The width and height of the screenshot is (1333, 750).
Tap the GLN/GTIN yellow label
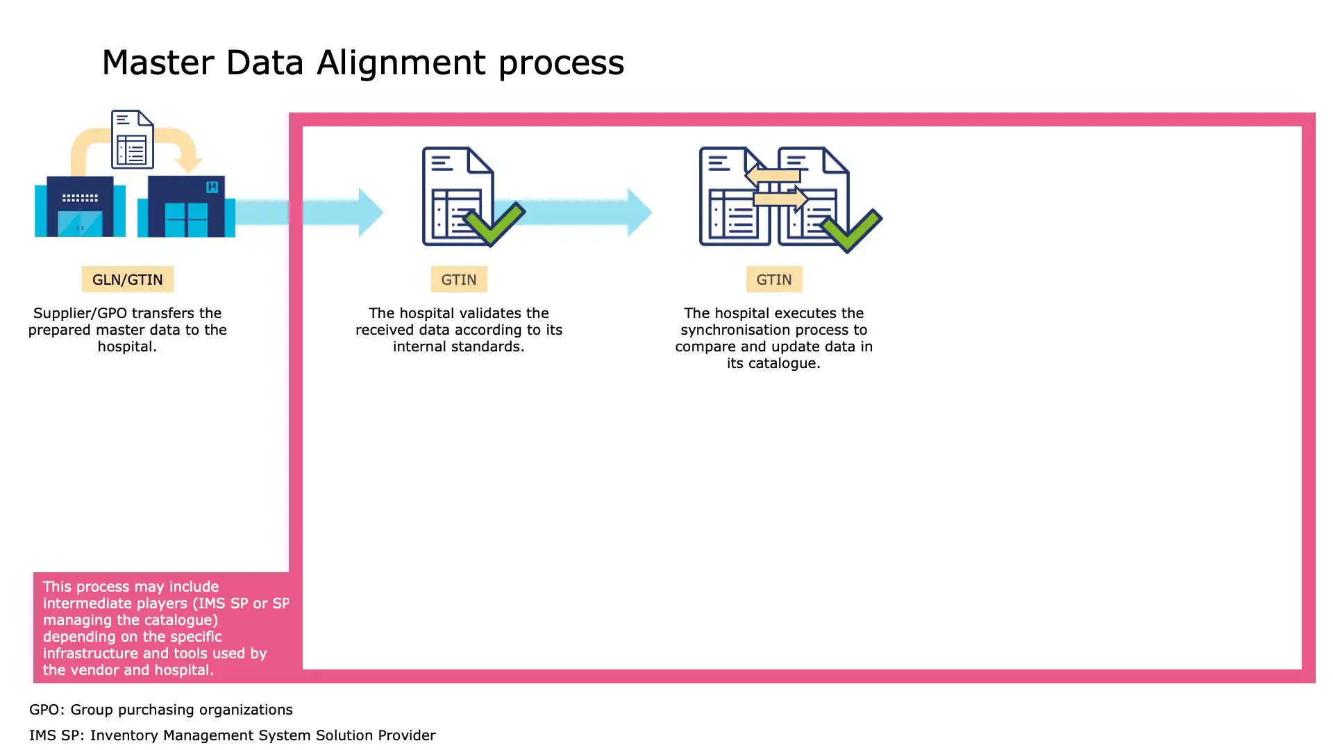[x=127, y=279]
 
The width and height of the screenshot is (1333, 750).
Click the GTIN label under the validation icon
[x=459, y=279]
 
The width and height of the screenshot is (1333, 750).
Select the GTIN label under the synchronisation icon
[x=773, y=279]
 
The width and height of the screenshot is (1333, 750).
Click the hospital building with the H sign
[x=186, y=207]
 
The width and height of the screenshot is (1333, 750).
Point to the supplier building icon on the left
[x=80, y=207]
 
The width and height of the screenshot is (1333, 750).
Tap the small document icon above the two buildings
[x=132, y=140]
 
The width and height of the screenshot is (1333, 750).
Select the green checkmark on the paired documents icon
[x=851, y=231]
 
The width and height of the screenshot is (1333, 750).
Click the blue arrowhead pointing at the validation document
[x=370, y=212]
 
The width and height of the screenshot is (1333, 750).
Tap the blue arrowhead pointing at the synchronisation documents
[x=639, y=212]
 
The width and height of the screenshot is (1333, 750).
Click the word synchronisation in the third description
[x=734, y=330]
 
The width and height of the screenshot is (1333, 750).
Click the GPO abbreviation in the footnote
[x=44, y=710]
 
